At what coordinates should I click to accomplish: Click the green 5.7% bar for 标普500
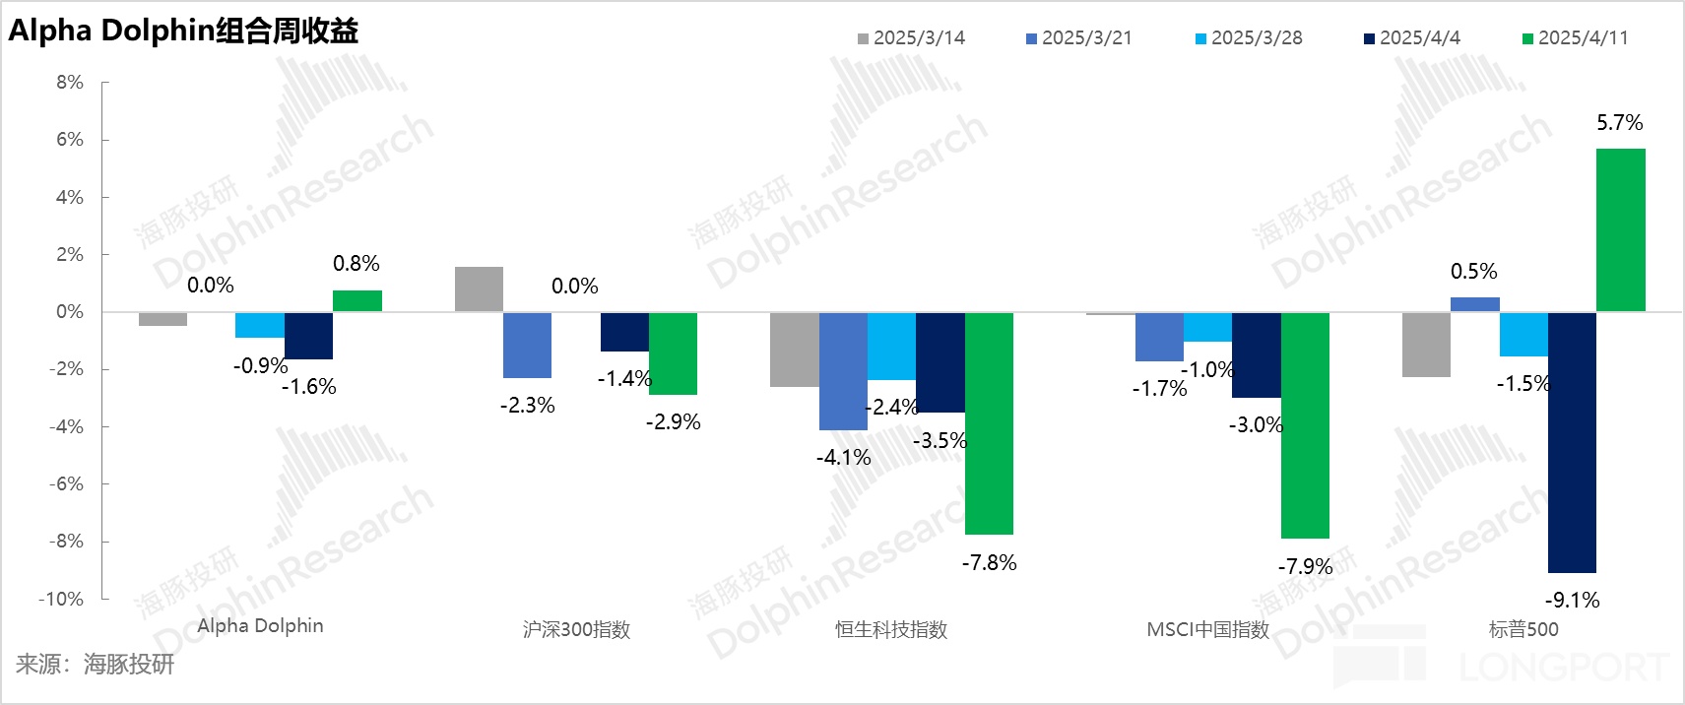[1620, 230]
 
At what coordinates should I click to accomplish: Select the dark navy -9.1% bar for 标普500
[1572, 442]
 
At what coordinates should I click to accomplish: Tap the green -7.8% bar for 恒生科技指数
[989, 423]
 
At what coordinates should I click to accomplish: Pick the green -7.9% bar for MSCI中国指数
[1305, 425]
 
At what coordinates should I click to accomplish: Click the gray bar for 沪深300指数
[479, 289]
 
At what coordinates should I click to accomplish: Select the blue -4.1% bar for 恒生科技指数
[843, 371]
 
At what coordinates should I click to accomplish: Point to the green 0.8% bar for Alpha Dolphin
[356, 301]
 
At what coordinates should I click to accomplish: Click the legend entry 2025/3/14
[911, 38]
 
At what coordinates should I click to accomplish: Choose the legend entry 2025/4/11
[1575, 38]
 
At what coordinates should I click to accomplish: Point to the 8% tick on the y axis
[70, 83]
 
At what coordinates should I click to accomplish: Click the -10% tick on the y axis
[61, 599]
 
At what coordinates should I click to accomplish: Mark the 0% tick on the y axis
[70, 312]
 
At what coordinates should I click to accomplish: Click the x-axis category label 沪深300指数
[576, 630]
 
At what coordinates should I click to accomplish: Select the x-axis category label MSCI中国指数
[1207, 630]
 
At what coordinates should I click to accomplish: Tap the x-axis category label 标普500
[1523, 630]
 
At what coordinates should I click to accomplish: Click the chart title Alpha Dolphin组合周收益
[183, 32]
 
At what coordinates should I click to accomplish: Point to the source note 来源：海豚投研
[95, 665]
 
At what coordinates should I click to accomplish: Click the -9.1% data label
[1572, 600]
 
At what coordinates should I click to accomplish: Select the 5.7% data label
[1619, 123]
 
